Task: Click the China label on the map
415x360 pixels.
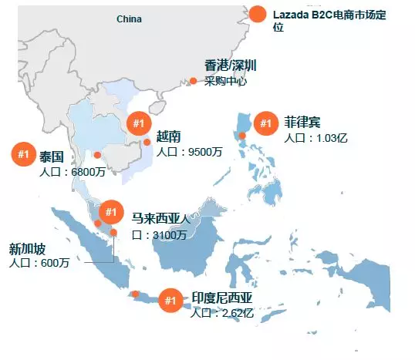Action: [129, 19]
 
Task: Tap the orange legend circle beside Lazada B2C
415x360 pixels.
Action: [258, 14]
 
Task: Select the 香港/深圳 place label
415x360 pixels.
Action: [230, 66]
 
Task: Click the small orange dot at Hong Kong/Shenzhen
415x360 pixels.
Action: [193, 81]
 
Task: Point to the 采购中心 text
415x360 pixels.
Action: [225, 81]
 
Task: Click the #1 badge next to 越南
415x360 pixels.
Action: [138, 123]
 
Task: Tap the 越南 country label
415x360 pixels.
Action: [168, 136]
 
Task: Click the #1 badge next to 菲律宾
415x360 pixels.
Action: [266, 123]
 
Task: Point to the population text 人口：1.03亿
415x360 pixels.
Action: [316, 138]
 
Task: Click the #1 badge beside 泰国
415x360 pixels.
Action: [23, 155]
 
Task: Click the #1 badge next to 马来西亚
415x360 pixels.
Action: [111, 211]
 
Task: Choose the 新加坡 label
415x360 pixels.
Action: [27, 248]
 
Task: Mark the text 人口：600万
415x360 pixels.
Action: [39, 263]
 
